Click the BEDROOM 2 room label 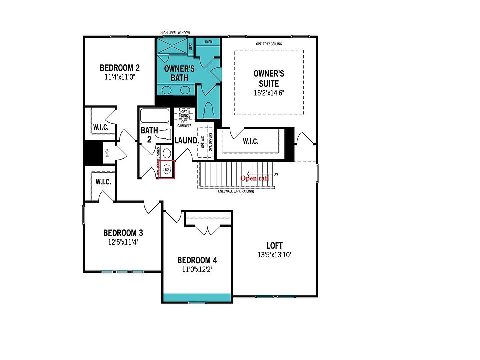119,68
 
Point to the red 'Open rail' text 255,178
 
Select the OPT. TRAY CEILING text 269,44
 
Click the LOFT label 274,246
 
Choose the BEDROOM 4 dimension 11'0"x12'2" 197,270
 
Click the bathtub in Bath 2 155,116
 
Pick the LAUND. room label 186,141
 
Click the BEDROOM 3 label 123,233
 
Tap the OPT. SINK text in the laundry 184,113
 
